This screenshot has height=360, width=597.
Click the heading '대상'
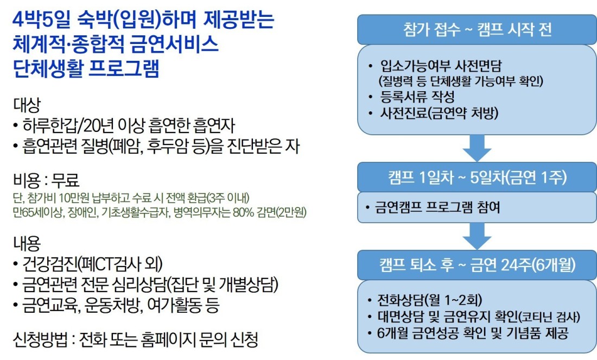tap(27, 105)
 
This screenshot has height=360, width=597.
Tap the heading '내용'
tap(27, 243)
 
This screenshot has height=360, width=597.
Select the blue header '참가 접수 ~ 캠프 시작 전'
tap(477, 30)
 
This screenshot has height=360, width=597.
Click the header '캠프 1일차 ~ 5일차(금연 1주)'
tap(477, 177)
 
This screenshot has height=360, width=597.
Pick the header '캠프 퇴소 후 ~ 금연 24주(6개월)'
tap(477, 265)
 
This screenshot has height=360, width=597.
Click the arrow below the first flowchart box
tap(477, 148)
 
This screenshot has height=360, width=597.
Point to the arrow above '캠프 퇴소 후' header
tap(477, 236)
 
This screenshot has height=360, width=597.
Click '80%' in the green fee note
tap(243, 212)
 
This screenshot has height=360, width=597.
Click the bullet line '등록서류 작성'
tap(417, 97)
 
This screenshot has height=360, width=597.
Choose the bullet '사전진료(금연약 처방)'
tap(439, 113)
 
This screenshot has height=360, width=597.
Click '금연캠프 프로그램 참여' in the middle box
tap(437, 207)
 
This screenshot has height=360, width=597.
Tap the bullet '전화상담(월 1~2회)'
tap(429, 300)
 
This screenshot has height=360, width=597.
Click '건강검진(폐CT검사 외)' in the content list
tap(92, 263)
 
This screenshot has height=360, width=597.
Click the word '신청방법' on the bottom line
tap(40, 339)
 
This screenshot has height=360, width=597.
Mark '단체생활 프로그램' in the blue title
tap(86, 68)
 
